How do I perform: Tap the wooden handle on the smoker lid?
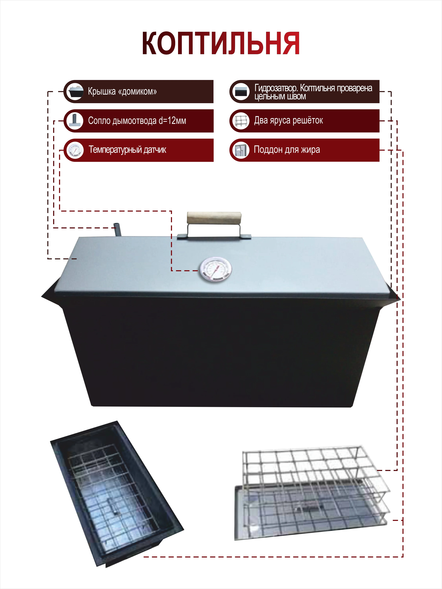coord(214,218)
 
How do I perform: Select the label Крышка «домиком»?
coord(122,92)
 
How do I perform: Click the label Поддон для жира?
coord(287,150)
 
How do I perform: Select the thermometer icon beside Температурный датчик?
coord(75,150)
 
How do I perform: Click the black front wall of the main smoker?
coord(221,354)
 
